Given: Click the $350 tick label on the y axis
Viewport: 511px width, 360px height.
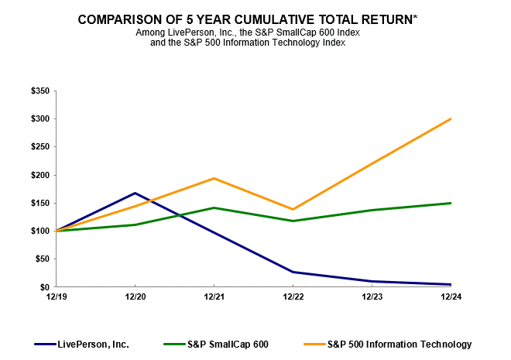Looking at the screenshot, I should pyautogui.click(x=40, y=91).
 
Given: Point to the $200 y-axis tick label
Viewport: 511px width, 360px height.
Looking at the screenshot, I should pyautogui.click(x=40, y=175).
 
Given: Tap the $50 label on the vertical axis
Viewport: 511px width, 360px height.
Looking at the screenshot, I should pyautogui.click(x=43, y=259).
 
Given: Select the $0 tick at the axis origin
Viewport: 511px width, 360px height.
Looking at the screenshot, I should pyautogui.click(x=46, y=287).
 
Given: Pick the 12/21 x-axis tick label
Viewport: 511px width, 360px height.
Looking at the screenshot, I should pyautogui.click(x=214, y=297).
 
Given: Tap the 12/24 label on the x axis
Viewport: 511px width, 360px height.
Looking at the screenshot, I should pyautogui.click(x=451, y=297).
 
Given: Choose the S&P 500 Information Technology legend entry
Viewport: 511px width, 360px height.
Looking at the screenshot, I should pyautogui.click(x=400, y=344).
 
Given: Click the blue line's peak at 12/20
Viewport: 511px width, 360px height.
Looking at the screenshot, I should pyautogui.click(x=135, y=193).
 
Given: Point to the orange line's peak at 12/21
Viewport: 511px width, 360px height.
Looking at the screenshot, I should pyautogui.click(x=214, y=178).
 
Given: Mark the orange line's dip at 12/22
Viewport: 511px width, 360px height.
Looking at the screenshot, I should pyautogui.click(x=293, y=209).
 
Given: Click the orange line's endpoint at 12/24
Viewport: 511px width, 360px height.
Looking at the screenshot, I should pyautogui.click(x=451, y=118).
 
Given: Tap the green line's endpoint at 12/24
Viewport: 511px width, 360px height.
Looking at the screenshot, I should pyautogui.click(x=451, y=203).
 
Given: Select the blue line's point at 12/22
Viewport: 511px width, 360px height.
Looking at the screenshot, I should pyautogui.click(x=293, y=272).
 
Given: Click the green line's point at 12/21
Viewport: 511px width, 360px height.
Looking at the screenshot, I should pyautogui.click(x=214, y=207).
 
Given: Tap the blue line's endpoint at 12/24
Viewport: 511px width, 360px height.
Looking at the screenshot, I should pyautogui.click(x=451, y=284).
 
